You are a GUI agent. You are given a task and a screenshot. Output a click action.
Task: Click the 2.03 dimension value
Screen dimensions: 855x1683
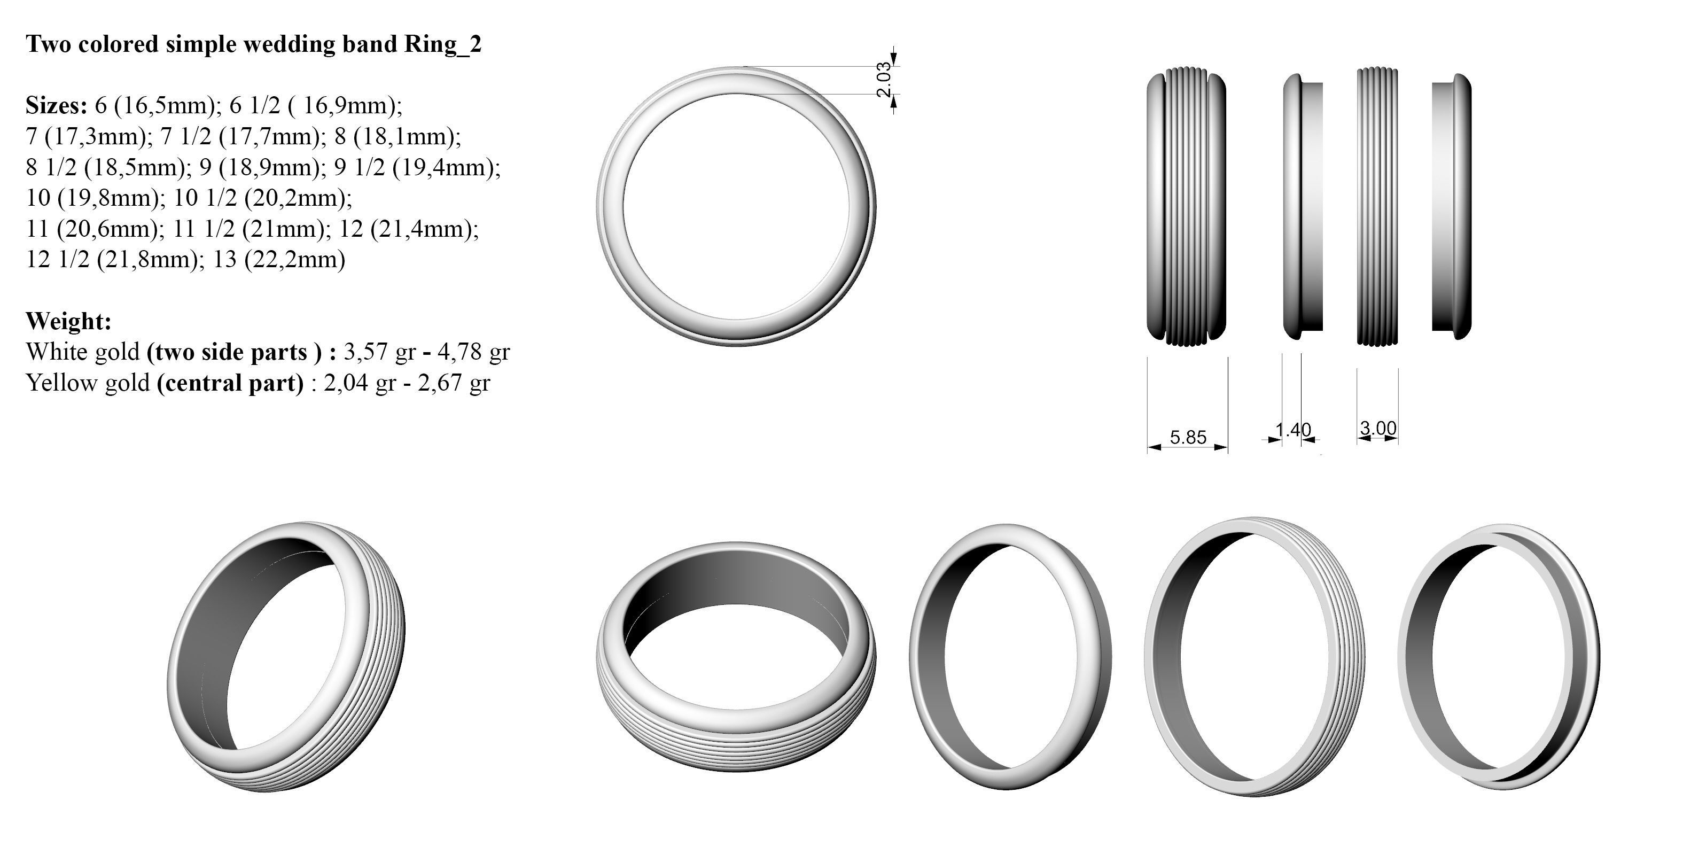(x=883, y=80)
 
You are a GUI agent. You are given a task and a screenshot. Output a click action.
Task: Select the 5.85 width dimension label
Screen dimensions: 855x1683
(x=1188, y=437)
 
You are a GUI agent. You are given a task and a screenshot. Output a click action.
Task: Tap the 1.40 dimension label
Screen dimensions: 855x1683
(x=1293, y=430)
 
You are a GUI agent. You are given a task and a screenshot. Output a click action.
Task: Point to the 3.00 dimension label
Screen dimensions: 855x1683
(x=1378, y=428)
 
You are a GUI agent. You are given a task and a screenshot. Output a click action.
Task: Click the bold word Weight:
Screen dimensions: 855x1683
(x=68, y=321)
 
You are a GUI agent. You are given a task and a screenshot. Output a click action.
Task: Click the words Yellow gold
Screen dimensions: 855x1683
(x=88, y=383)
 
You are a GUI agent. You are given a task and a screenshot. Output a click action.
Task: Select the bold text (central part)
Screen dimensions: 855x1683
(x=230, y=383)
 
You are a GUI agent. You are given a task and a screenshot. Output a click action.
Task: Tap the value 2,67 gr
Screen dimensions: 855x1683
(x=454, y=383)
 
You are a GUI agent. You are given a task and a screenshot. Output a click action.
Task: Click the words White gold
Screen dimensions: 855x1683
(x=82, y=352)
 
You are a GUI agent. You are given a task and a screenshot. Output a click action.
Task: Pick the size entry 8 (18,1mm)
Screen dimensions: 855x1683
(x=398, y=136)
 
